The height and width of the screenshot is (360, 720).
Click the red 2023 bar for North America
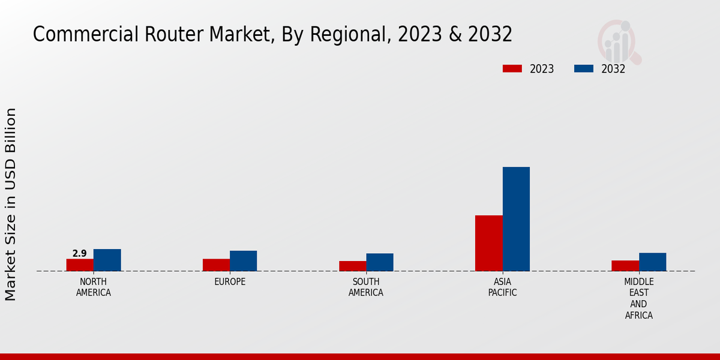(80, 265)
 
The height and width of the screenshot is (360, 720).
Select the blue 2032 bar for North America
(107, 260)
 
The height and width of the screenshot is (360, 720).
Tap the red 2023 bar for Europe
(216, 265)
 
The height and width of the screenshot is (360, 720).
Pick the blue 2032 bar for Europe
(243, 261)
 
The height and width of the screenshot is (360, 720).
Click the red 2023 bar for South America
(352, 266)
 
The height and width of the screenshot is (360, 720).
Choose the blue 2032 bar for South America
(380, 262)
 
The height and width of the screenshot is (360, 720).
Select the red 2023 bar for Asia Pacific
(488, 243)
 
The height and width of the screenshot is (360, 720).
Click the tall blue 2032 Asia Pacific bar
(516, 219)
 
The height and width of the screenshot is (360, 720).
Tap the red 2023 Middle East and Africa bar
(625, 265)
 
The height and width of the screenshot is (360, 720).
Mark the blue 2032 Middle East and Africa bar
(652, 262)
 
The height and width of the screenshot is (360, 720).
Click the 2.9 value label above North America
(80, 254)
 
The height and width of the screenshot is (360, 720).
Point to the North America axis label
(94, 287)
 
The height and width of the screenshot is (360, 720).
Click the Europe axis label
(230, 282)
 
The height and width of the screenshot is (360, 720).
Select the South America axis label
(366, 287)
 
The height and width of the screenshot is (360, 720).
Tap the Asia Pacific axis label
(502, 287)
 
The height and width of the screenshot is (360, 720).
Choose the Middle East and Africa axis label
(638, 299)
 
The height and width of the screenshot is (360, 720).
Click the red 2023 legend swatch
(512, 68)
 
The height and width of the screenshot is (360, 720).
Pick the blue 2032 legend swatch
(583, 68)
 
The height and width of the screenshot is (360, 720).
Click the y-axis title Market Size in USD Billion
(11, 204)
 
